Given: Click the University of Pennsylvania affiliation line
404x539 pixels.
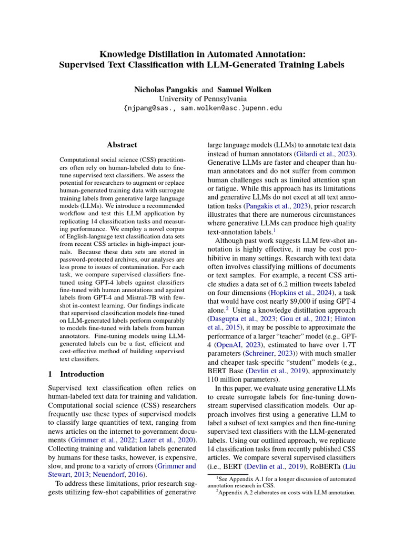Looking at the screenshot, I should tap(203, 98).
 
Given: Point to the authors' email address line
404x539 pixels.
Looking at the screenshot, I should tap(203, 108).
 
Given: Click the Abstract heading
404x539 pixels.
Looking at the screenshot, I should tap(122, 145).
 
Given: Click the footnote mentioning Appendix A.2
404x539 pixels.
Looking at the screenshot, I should tap(286, 493).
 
